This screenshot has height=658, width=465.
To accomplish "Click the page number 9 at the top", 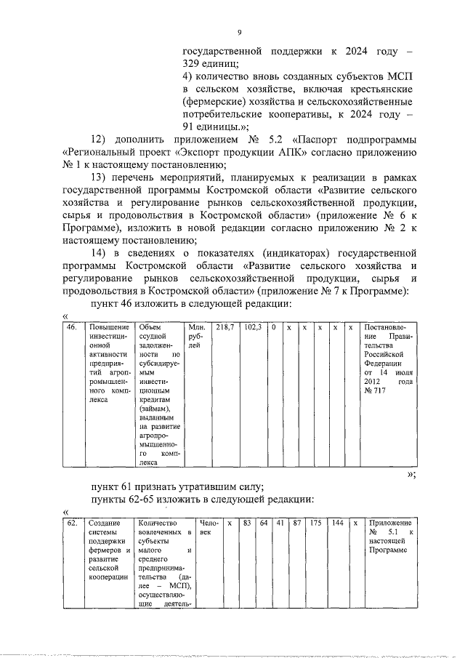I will click(240, 33).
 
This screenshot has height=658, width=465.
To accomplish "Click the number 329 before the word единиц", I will click(193, 64).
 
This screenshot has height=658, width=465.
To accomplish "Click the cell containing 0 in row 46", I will click(274, 328).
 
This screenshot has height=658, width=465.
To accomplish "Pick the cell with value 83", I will click(247, 523).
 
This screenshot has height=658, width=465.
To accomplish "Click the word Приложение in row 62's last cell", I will click(391, 523).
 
